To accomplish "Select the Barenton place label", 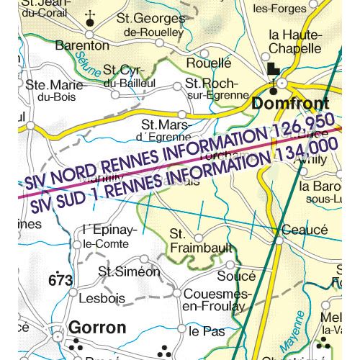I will [84, 45].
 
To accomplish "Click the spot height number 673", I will [61, 279].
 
